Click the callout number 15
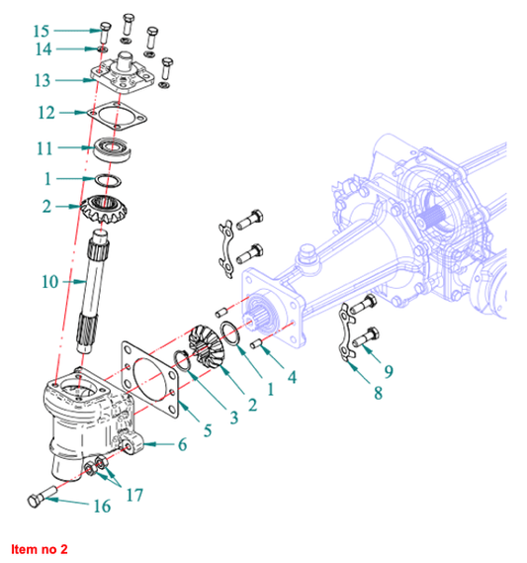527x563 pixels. (42, 31)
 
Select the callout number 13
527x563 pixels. (43, 80)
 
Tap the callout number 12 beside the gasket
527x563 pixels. (46, 113)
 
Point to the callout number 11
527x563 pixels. (44, 148)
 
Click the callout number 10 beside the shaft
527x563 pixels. (49, 282)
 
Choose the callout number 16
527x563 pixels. (102, 507)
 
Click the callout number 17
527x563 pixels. (134, 495)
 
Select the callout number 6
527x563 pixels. (183, 444)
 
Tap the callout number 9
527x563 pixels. (389, 372)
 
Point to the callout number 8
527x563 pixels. (378, 393)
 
